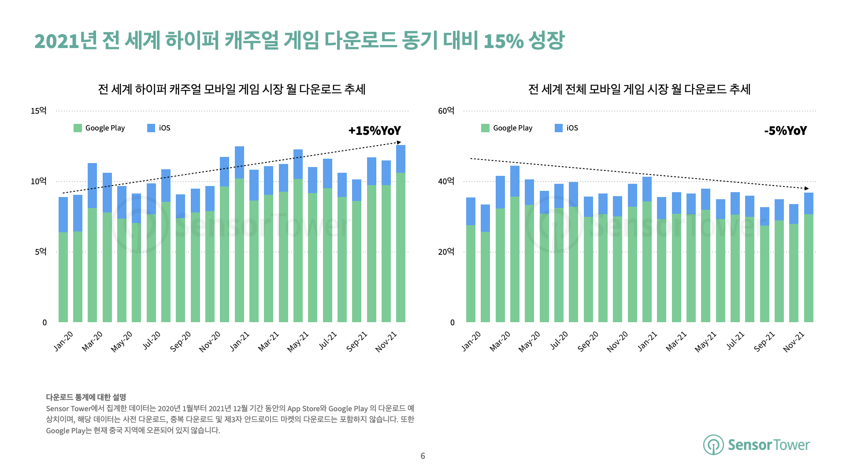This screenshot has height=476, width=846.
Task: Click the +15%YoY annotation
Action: pyautogui.click(x=375, y=131)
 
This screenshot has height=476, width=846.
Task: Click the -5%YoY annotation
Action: pyautogui.click(x=785, y=131)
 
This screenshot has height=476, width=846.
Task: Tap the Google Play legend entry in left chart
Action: pyautogui.click(x=100, y=128)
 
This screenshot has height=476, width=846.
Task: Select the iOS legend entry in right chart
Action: pyautogui.click(x=567, y=128)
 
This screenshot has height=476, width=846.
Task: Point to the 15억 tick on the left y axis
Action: pyautogui.click(x=38, y=111)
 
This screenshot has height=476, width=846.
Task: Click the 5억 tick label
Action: pyautogui.click(x=41, y=252)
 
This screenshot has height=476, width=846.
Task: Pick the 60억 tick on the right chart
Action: pyautogui.click(x=446, y=111)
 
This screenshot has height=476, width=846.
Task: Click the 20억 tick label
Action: pyautogui.click(x=446, y=252)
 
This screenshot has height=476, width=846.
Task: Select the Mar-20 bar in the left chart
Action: pyautogui.click(x=92, y=242)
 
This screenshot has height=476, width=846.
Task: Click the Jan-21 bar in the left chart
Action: pyautogui.click(x=239, y=234)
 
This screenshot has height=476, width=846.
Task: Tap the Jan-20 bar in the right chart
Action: pyautogui.click(x=471, y=260)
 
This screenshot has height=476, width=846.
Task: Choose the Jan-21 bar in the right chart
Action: pyautogui.click(x=647, y=249)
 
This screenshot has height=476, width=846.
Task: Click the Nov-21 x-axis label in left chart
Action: pyautogui.click(x=386, y=342)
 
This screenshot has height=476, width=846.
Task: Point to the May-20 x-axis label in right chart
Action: pyautogui.click(x=529, y=342)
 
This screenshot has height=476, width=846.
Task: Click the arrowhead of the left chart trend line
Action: pyautogui.click(x=399, y=142)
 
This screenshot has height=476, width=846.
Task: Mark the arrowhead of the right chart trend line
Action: pyautogui.click(x=806, y=188)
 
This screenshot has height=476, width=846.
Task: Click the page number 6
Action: pyautogui.click(x=423, y=456)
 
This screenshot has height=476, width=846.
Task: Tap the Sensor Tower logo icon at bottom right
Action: pyautogui.click(x=713, y=445)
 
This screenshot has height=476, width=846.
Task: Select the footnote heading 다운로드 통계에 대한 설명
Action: pyautogui.click(x=86, y=397)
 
